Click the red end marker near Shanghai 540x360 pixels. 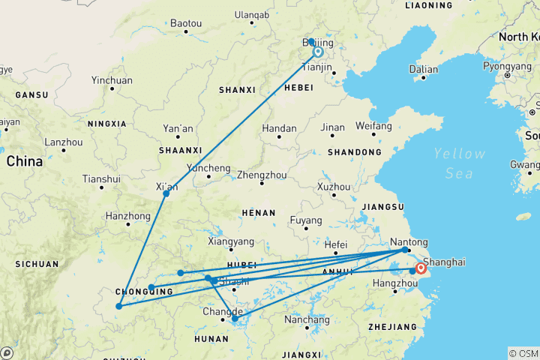421,268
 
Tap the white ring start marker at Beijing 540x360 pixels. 318,52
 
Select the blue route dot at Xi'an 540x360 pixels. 166,193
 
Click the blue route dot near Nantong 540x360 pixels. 405,250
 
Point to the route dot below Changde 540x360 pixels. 235,319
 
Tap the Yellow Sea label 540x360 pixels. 459,163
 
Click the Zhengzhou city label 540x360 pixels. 258,175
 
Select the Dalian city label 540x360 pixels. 424,69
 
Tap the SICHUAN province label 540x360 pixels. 36,264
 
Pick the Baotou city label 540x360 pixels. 186,23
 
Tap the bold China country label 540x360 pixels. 25,160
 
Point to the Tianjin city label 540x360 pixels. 316,67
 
